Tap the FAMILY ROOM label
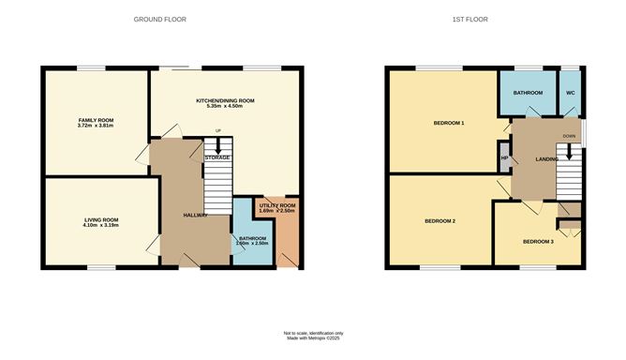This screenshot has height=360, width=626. (96, 121)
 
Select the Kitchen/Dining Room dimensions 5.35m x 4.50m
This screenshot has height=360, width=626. (225, 106)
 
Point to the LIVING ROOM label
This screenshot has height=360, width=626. (100, 220)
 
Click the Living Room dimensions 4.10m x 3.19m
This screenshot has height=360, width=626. (100, 226)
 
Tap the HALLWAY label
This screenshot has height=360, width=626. (196, 216)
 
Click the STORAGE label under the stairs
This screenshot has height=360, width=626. (217, 157)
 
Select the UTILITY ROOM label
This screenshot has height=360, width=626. (277, 205)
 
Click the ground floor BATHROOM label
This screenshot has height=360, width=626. (253, 238)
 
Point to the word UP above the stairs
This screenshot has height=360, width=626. (218, 131)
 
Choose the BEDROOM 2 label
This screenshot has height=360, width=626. (440, 221)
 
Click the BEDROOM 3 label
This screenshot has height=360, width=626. (538, 242)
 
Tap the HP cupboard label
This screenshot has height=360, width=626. (504, 158)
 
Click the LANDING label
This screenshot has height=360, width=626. (547, 159)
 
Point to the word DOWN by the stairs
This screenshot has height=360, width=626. (570, 136)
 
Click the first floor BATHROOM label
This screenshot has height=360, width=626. (529, 94)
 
